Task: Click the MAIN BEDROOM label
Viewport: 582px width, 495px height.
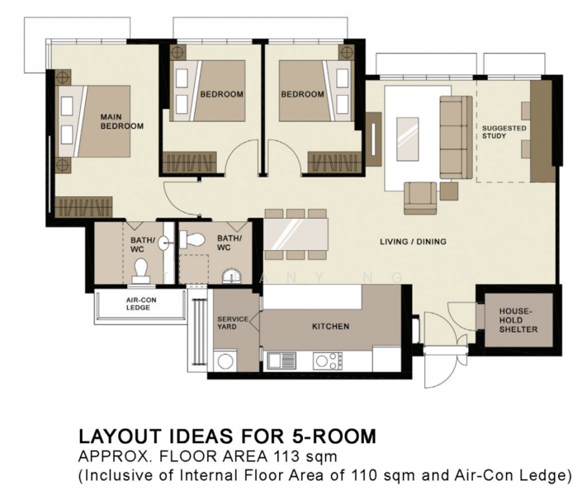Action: pyautogui.click(x=121, y=121)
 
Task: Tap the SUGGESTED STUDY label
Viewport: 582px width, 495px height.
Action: pyautogui.click(x=504, y=132)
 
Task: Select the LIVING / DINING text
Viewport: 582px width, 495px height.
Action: pyautogui.click(x=413, y=242)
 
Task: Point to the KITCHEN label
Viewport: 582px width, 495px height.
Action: pyautogui.click(x=330, y=327)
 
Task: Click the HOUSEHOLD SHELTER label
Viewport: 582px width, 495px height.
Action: pyautogui.click(x=518, y=320)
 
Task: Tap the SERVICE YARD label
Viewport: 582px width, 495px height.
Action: pyautogui.click(x=232, y=323)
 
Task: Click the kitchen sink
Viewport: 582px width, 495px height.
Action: pyautogui.click(x=282, y=361)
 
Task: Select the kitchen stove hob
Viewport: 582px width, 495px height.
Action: pyautogui.click(x=328, y=361)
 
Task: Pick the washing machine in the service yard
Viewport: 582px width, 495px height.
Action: pyautogui.click(x=225, y=361)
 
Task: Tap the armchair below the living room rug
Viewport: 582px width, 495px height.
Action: pyautogui.click(x=420, y=199)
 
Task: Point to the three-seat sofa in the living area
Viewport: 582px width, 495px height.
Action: pyautogui.click(x=457, y=137)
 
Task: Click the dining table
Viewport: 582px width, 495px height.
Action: pyautogui.click(x=296, y=234)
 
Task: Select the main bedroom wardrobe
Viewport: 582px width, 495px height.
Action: pyautogui.click(x=83, y=207)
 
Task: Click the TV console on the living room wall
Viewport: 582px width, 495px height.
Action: pyautogui.click(x=373, y=139)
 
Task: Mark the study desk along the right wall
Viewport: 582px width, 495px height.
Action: pyautogui.click(x=541, y=131)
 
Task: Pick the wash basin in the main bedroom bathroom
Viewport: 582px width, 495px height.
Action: pyautogui.click(x=165, y=243)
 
